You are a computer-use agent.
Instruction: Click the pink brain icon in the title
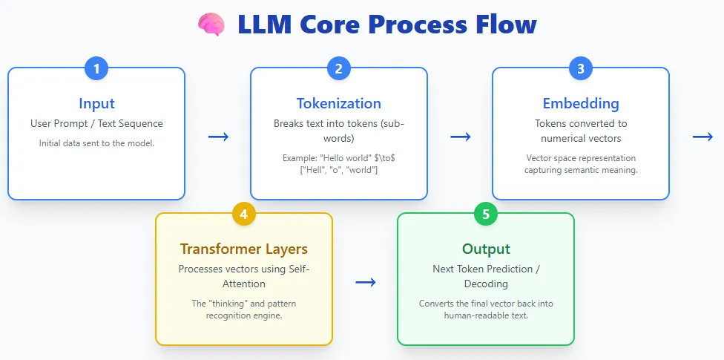pos(211,24)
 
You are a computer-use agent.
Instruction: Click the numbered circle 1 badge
pos(96,69)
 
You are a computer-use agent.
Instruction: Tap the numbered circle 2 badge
pos(338,69)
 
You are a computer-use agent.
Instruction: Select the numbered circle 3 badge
pos(581,69)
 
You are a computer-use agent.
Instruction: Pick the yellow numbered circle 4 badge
pos(244,215)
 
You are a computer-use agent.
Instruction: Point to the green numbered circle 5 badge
pos(486,215)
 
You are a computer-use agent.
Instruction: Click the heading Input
pos(96,103)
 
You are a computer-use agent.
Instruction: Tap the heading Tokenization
pos(338,103)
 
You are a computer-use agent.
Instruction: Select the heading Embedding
pos(581,103)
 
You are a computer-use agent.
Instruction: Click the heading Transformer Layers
pos(244,249)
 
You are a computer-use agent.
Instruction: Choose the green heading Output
pos(486,249)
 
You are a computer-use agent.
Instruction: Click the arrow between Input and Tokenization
pos(218,137)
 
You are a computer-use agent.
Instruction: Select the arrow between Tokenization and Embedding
pos(461,137)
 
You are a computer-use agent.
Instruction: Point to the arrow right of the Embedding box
pos(702,137)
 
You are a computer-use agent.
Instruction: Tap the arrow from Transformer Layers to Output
pos(365,282)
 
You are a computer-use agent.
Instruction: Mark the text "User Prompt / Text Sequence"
pos(96,123)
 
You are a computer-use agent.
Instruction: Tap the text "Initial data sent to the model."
pos(96,143)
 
